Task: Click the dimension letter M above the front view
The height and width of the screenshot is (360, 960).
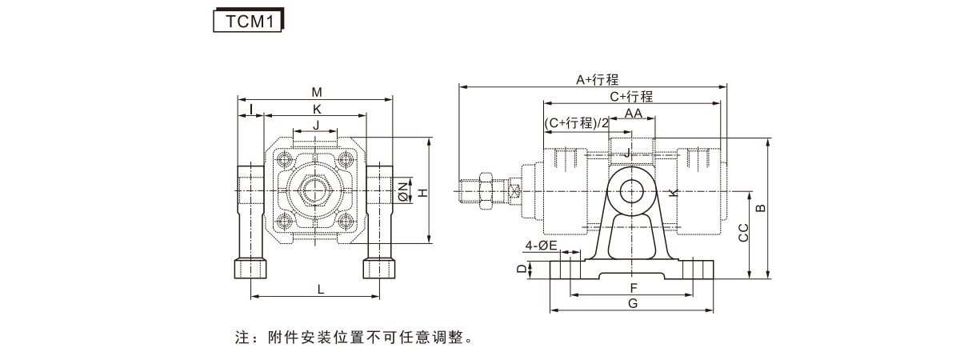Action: coord(317,92)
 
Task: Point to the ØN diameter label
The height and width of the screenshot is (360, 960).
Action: coord(403,190)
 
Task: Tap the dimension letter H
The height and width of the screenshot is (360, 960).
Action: coord(424,192)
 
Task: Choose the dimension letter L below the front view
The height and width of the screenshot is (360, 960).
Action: coord(320,289)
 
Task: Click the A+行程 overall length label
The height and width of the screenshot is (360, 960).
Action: coord(598,80)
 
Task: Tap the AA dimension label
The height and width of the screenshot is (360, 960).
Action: coord(634,114)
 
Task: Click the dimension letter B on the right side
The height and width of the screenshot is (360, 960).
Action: coord(761,208)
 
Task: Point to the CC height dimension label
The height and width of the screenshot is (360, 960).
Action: coord(742,233)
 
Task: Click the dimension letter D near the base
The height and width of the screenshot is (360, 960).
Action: coord(522,270)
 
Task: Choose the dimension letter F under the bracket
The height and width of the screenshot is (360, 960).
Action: coord(633,287)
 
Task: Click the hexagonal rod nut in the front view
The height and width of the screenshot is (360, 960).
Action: coord(316,192)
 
